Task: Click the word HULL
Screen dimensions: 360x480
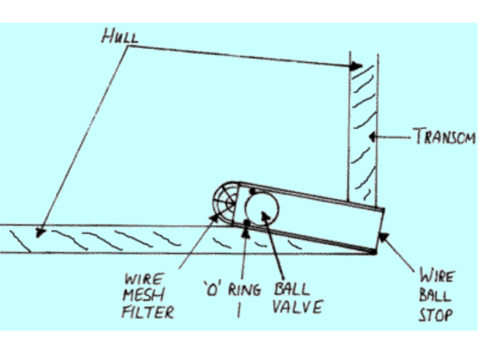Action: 120,37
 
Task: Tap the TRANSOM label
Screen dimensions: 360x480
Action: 445,137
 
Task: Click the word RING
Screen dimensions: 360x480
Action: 244,290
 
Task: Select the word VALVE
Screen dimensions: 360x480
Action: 298,307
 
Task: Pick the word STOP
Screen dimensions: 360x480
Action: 435,315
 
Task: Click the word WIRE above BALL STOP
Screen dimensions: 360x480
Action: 436,277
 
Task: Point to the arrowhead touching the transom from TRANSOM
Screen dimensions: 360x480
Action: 373,137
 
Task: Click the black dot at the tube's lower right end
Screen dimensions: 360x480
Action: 373,252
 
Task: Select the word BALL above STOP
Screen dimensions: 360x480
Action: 435,296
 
